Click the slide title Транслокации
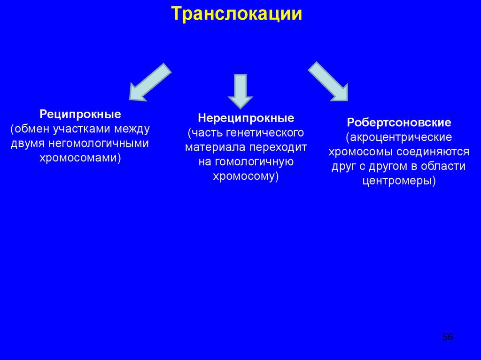coord(236,14)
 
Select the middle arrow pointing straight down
coord(240,91)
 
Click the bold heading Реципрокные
coord(80,114)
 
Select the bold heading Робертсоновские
coord(399,123)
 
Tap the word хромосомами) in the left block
coord(80,158)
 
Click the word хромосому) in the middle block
coord(246,176)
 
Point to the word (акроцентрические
coord(399,138)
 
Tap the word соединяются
coord(436,152)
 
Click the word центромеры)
coord(399,181)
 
